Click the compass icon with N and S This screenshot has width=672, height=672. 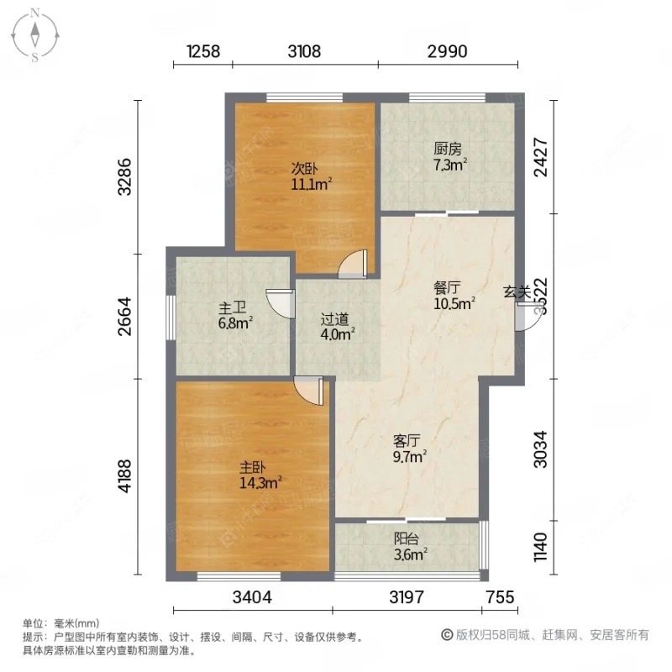tap(35, 35)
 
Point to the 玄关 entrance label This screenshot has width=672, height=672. tap(516, 291)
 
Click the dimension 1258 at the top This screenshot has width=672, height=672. tap(202, 51)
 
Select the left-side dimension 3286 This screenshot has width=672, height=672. tap(125, 176)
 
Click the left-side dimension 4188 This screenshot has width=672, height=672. tap(125, 477)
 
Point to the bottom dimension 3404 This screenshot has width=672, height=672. tap(253, 597)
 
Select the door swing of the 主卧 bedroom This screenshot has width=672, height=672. tap(310, 391)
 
